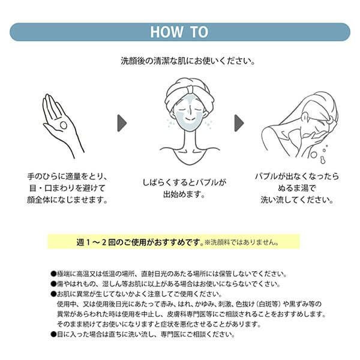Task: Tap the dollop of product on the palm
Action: pyautogui.click(x=63, y=125)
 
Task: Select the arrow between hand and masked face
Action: pyautogui.click(x=122, y=122)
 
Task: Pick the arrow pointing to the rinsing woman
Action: pyautogui.click(x=239, y=122)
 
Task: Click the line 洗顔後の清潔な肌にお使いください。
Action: pyautogui.click(x=180, y=61)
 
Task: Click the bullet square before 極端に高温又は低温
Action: pyautogui.click(x=54, y=273)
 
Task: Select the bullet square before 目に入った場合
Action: pyautogui.click(x=54, y=334)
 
